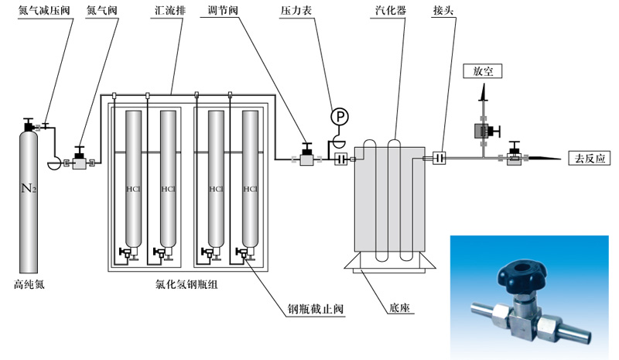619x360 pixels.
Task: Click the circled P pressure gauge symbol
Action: pyautogui.click(x=340, y=117)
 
